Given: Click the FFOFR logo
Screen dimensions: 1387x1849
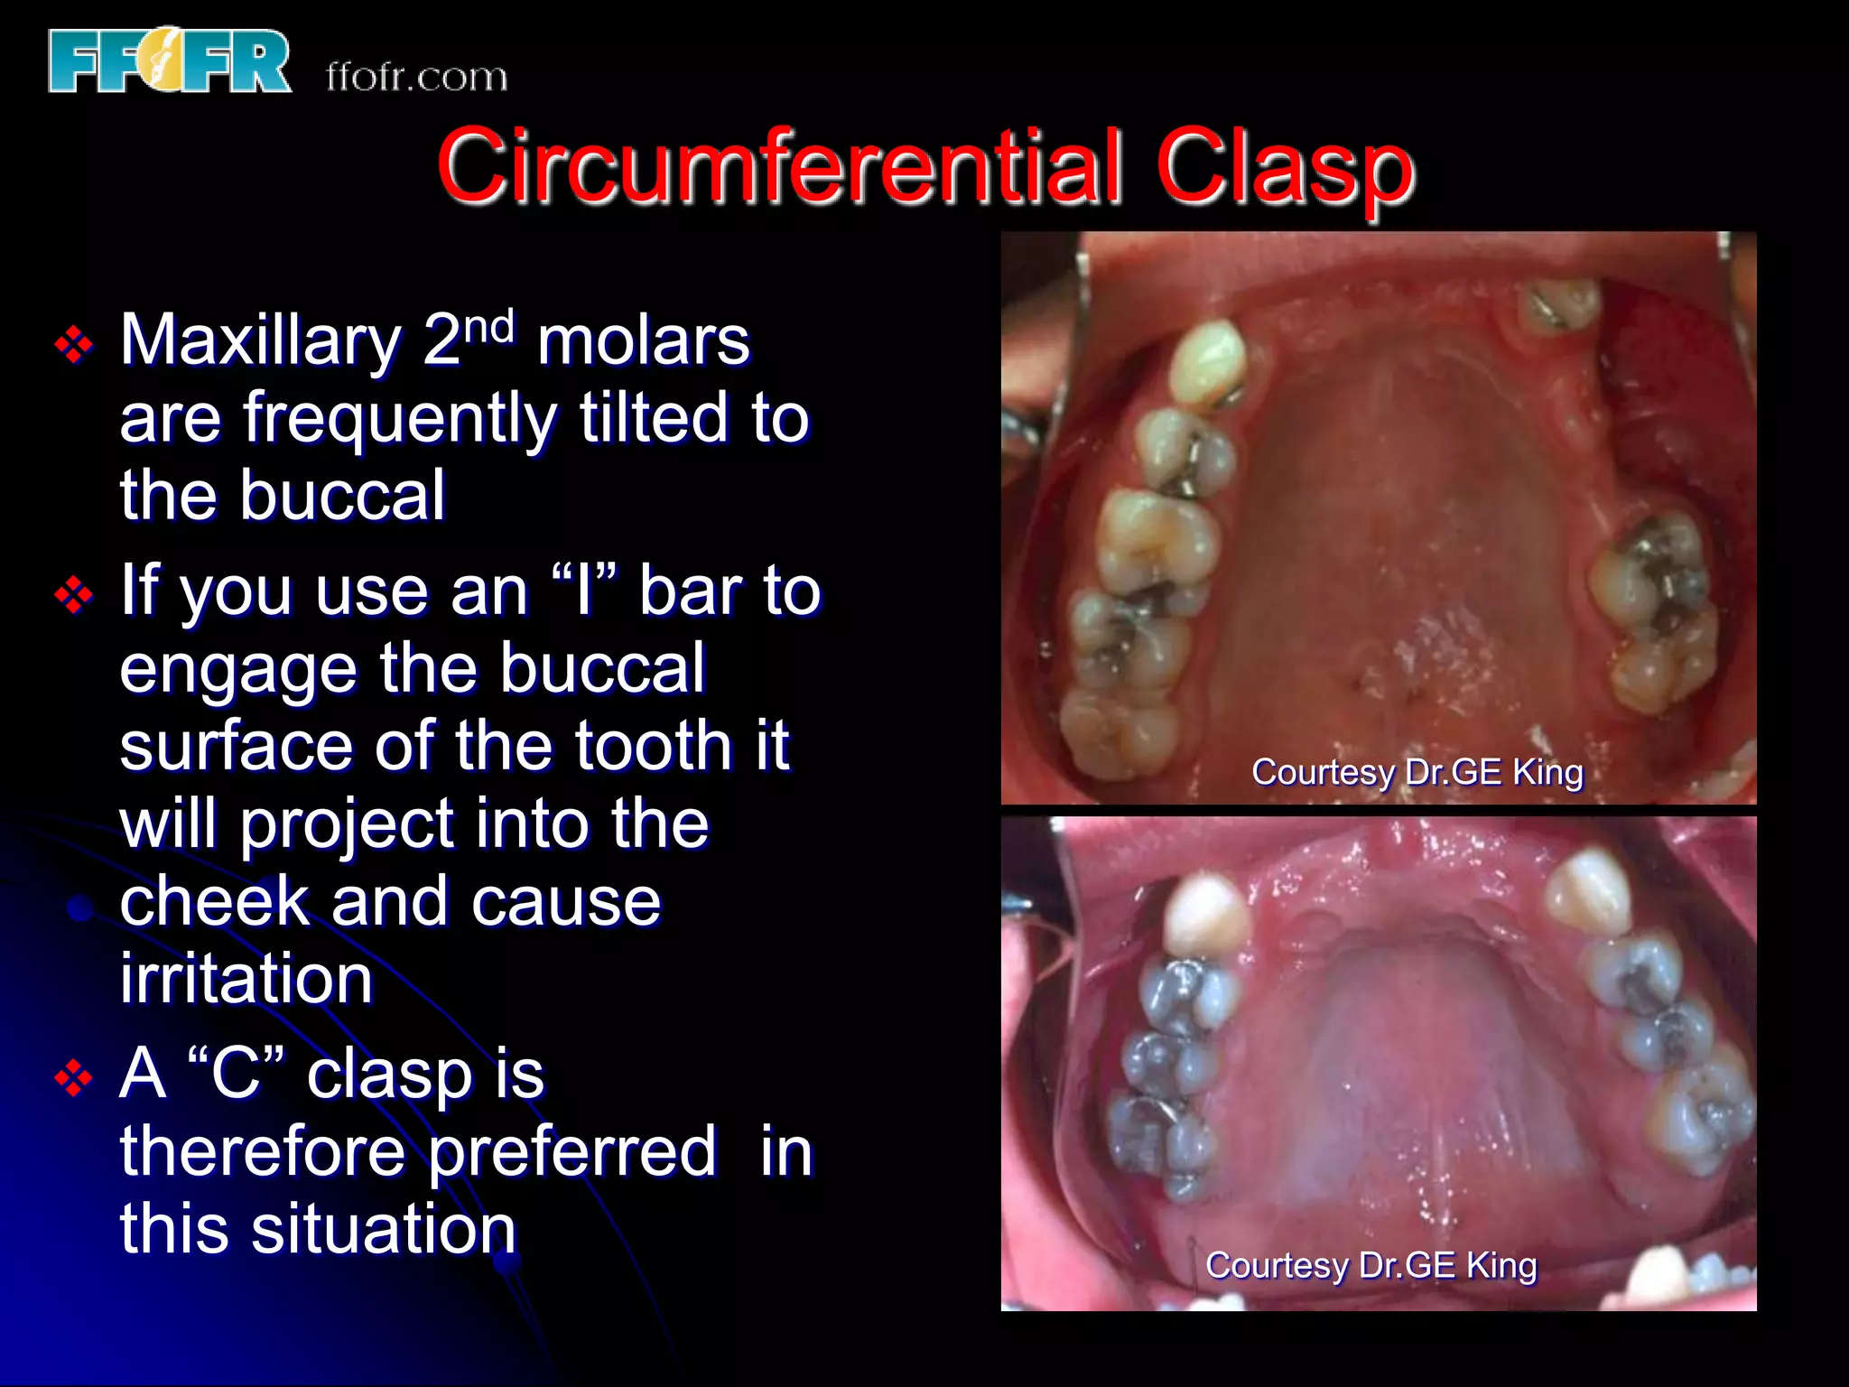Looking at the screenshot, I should (x=170, y=61).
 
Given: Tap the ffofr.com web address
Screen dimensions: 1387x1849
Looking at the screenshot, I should (x=416, y=77).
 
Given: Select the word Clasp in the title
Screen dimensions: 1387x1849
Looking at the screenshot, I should (x=1284, y=167).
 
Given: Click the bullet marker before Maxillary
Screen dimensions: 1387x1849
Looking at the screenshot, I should (x=74, y=345).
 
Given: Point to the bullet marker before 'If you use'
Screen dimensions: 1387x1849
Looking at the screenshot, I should (x=74, y=595).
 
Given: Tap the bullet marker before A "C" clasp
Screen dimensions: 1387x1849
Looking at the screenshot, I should (x=74, y=1078).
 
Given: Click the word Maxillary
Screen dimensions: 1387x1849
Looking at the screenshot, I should (x=260, y=341).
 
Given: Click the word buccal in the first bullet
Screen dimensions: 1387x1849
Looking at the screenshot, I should (x=342, y=496).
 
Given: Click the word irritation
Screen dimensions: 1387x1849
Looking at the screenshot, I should (x=246, y=979).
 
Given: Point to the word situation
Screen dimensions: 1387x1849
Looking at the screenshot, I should (x=383, y=1230).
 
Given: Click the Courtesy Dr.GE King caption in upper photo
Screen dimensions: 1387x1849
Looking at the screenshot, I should (x=1417, y=772).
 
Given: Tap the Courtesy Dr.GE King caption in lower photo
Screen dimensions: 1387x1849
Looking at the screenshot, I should (x=1370, y=1265).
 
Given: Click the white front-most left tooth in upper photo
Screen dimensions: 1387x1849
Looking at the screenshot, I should (x=1208, y=361).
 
